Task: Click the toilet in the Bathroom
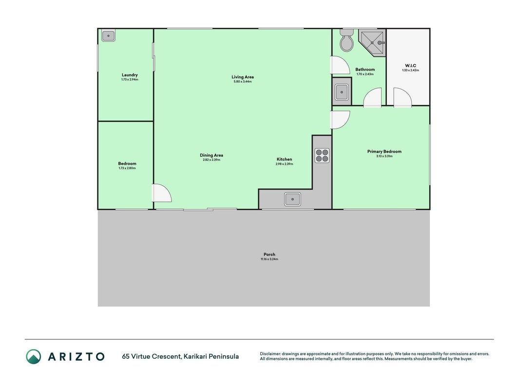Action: [347, 40]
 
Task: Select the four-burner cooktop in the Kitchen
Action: [322, 156]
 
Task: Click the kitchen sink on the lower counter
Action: [292, 199]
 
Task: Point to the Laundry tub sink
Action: [109, 36]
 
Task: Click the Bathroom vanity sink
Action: [342, 92]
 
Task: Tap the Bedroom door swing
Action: [162, 193]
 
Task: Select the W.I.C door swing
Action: [403, 97]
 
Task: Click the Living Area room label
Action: [242, 77]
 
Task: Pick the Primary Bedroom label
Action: [385, 151]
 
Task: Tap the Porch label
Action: [270, 254]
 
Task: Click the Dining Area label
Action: [211, 155]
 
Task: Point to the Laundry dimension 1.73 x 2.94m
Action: [130, 79]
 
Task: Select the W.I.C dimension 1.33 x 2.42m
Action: [410, 70]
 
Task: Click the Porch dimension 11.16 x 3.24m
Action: [270, 259]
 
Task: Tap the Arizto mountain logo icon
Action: [34, 356]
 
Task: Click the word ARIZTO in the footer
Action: [76, 356]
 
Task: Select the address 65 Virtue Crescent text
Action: [152, 356]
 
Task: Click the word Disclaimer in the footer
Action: [270, 354]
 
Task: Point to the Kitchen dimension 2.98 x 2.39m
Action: [284, 164]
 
